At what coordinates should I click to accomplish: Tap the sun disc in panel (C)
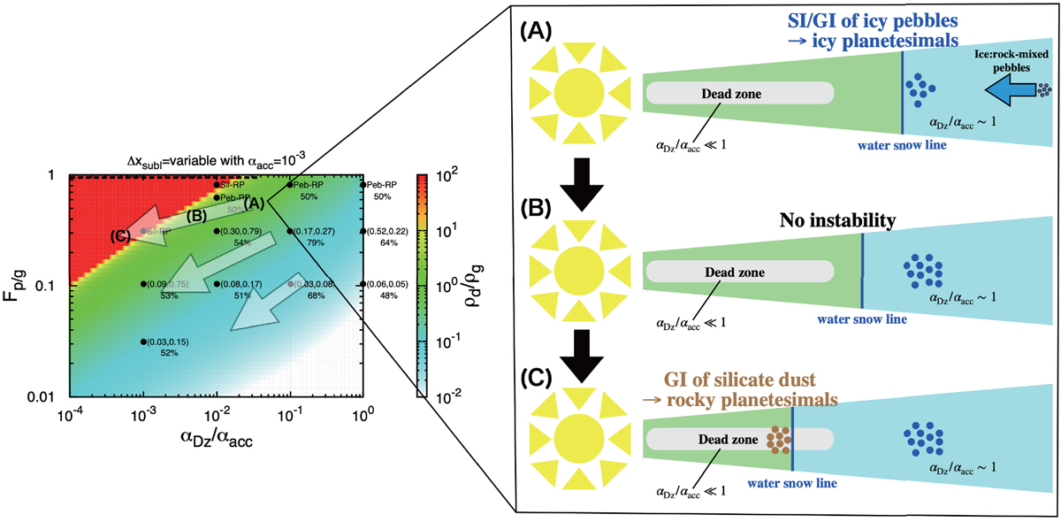[x=578, y=440]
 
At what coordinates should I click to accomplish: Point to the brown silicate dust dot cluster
[x=778, y=440]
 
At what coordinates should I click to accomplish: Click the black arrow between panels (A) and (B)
[x=576, y=181]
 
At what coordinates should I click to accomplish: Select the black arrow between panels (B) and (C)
[x=576, y=352]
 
